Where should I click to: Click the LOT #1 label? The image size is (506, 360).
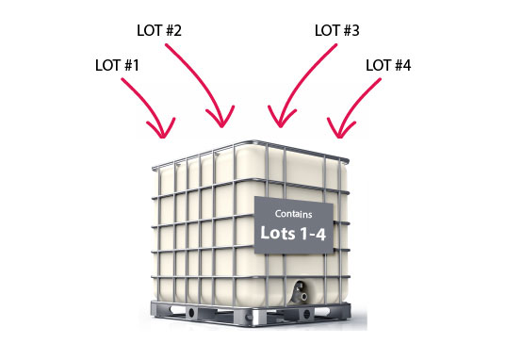(x=117, y=65)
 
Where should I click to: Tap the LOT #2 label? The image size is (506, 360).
(x=159, y=30)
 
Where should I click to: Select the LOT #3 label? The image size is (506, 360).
(x=337, y=30)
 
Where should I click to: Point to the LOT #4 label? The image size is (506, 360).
(x=388, y=65)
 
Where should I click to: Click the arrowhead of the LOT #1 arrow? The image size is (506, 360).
(x=162, y=129)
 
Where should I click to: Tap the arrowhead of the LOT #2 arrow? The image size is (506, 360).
(x=221, y=118)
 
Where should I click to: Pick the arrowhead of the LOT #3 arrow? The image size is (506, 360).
(x=281, y=118)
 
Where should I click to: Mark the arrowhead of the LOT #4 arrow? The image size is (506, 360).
(x=339, y=129)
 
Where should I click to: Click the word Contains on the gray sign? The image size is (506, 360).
(x=293, y=214)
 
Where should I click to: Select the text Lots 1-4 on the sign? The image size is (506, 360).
(x=293, y=233)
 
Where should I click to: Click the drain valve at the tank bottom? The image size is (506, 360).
(x=301, y=292)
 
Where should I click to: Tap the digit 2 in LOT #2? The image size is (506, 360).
(x=177, y=30)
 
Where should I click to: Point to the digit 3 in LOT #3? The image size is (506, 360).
(x=355, y=30)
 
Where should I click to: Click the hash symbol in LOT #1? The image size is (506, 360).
(x=128, y=65)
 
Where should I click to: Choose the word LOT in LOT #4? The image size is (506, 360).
(x=378, y=65)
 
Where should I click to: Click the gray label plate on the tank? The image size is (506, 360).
(x=294, y=224)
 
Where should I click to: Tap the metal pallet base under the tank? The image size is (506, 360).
(x=251, y=313)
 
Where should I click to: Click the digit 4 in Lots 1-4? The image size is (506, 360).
(x=320, y=234)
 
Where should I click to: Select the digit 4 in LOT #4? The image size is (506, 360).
(x=407, y=65)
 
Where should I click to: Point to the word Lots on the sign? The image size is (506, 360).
(x=278, y=233)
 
